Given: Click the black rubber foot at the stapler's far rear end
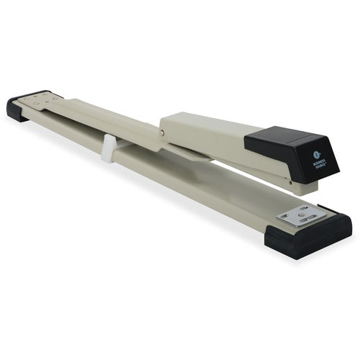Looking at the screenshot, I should click(26, 108).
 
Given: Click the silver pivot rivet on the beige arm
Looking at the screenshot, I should click(163, 132).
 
